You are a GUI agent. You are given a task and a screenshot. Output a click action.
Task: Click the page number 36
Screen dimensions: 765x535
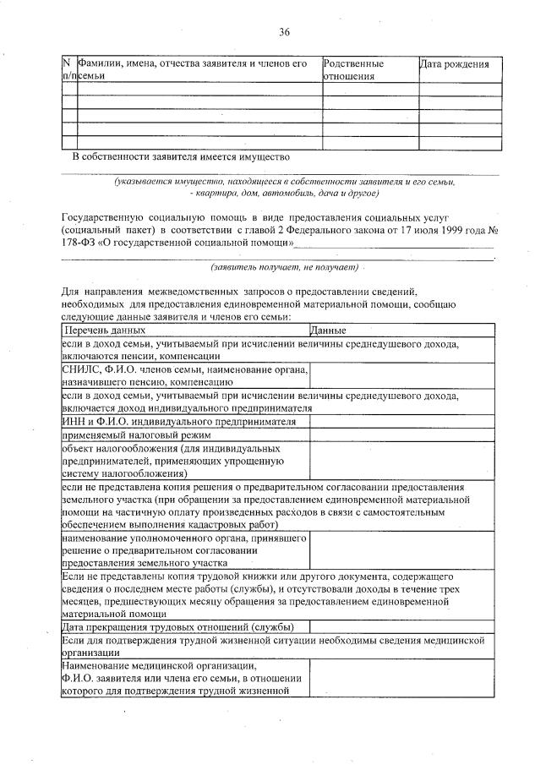[285, 32]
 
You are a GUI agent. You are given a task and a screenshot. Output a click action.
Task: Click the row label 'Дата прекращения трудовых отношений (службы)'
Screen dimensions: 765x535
[178, 626]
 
